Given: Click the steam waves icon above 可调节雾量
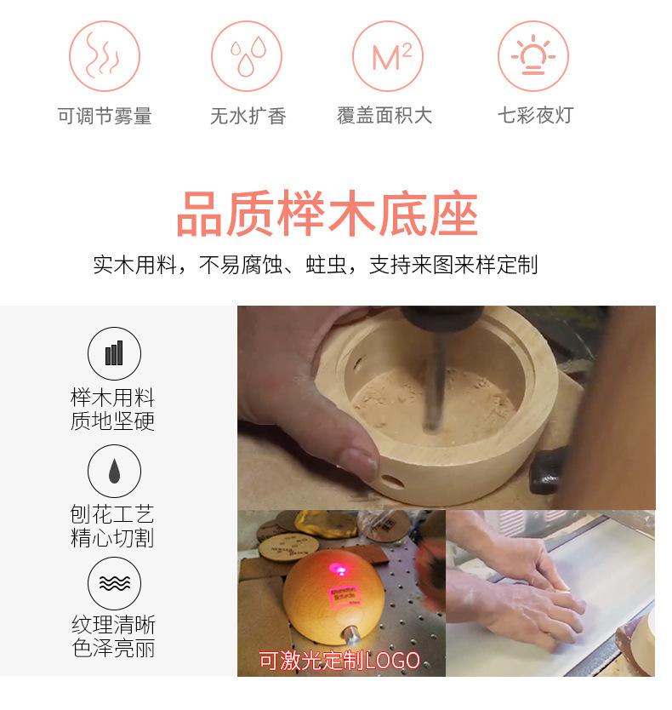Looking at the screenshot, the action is click(104, 55).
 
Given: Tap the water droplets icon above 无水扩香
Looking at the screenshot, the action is click(247, 55).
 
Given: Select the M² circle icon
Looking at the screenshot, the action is click(388, 55).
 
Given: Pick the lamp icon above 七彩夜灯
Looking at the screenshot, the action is click(533, 55).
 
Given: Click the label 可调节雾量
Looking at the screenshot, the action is click(105, 116).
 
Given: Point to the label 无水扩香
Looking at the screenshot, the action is click(248, 116).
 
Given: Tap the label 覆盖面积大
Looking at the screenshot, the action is click(384, 116).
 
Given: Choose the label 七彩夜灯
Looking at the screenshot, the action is click(536, 115).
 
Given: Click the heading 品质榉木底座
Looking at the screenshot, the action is click(327, 214).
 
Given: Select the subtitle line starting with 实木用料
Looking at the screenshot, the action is click(316, 265).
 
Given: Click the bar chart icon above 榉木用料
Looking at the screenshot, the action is click(114, 353).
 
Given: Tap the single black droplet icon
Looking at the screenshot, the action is click(114, 471).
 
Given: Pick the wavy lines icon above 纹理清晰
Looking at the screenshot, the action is click(114, 583).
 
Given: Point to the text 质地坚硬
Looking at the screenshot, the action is click(112, 421).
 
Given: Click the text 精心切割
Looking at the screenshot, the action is click(112, 538).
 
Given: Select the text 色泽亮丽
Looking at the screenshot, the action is click(114, 648).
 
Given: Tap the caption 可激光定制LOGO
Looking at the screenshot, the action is click(339, 661).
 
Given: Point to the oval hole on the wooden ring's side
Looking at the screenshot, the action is click(392, 481).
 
